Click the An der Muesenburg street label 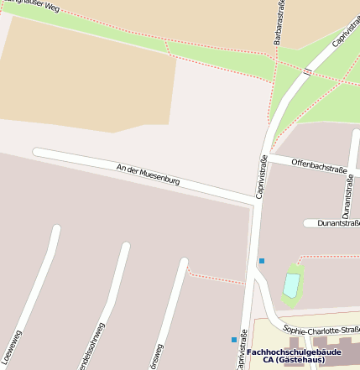click(x=149, y=175)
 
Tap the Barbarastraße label click(x=279, y=23)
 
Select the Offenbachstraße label click(x=319, y=165)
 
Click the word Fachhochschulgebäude click(x=282, y=352)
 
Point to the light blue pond click(x=291, y=284)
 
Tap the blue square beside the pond click(x=262, y=261)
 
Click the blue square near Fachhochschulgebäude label click(x=234, y=339)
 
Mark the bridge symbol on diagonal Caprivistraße click(x=307, y=72)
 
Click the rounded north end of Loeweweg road click(x=56, y=229)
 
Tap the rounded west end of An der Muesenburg click(x=37, y=153)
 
